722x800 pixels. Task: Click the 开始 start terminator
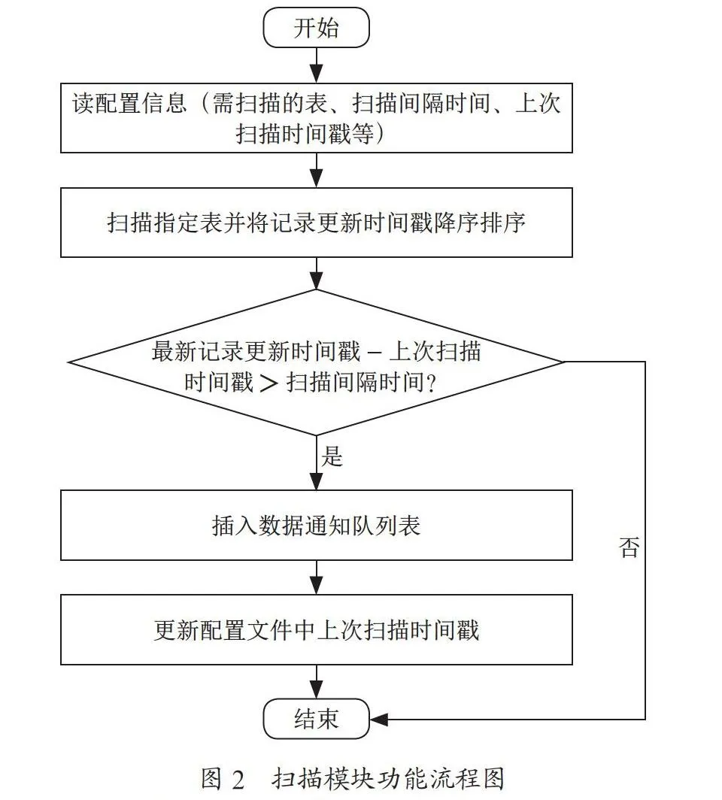[316, 28]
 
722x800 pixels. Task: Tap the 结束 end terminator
[316, 719]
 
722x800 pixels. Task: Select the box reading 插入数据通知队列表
[317, 526]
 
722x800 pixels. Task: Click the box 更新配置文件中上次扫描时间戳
[317, 629]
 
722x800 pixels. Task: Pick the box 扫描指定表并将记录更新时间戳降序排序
[317, 223]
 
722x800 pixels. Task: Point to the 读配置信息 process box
[317, 118]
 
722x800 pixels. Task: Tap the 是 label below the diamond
[332, 456]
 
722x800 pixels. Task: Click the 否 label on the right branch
[629, 547]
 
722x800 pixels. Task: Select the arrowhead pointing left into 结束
[378, 720]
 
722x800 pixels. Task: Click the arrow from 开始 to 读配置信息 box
[317, 65]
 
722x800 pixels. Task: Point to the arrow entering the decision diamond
[317, 274]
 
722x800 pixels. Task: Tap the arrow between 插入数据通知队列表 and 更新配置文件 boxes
[317, 577]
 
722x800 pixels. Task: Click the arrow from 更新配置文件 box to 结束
[317, 682]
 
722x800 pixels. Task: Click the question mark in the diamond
[431, 383]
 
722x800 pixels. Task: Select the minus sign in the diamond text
[374, 353]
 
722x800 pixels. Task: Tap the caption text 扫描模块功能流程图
[388, 779]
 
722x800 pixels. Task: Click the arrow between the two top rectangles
[317, 170]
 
